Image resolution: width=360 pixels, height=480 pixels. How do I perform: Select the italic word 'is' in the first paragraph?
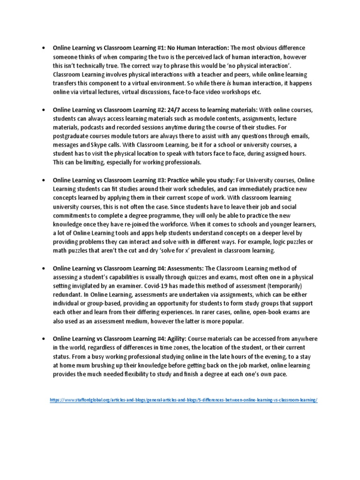tap(229, 83)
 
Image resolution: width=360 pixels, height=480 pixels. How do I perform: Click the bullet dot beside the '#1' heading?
tap(43, 48)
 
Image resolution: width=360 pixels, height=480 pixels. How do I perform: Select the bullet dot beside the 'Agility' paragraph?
tap(43, 338)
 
